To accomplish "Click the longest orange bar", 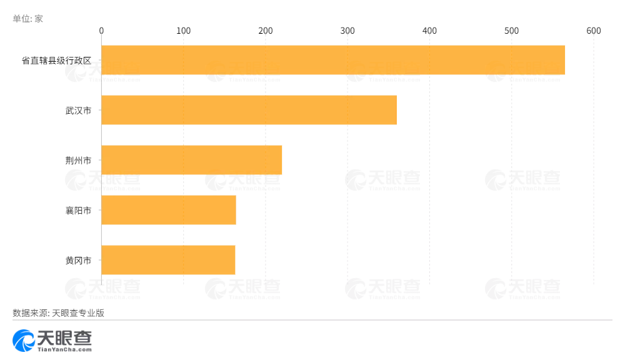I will (333, 60).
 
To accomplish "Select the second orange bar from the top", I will (249, 110).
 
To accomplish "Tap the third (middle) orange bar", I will (191, 160).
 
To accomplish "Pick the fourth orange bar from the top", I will (169, 210).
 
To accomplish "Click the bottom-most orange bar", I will (168, 260).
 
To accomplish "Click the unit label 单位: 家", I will (27, 19).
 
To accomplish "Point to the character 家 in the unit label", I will (39, 19).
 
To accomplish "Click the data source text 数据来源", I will (29, 313).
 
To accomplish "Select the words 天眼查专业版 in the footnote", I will (77, 313).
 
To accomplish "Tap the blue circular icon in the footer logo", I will (24, 340).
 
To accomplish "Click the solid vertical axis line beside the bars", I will (101, 187).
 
